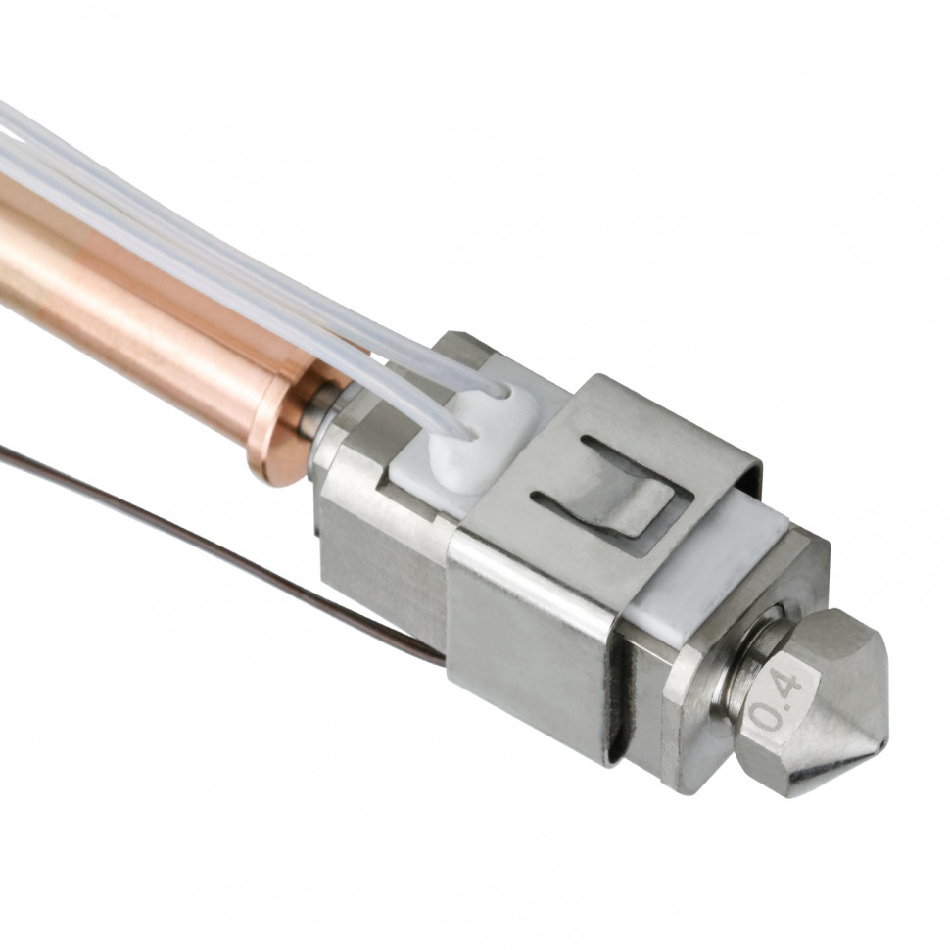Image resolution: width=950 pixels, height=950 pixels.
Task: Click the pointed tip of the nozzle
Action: (885, 740)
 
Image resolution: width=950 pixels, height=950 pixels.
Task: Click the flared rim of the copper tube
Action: (275, 424)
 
